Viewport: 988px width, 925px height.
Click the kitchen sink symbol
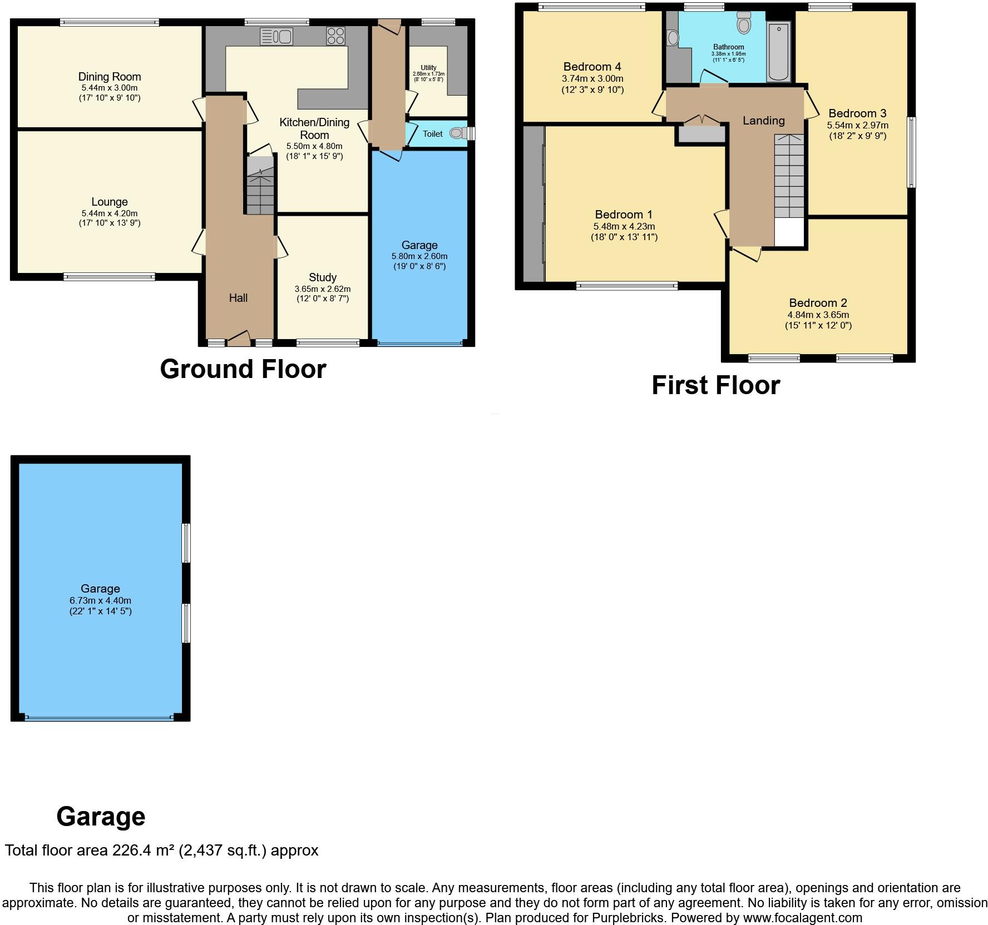tap(276, 37)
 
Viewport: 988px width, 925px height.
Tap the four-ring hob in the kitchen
tap(335, 36)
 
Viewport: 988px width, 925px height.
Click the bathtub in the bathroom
tap(778, 52)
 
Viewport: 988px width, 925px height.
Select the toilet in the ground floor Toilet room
tap(457, 133)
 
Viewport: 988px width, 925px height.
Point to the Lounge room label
tap(110, 202)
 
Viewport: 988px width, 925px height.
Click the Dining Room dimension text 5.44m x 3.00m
tap(110, 88)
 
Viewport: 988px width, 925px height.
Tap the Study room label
tap(323, 277)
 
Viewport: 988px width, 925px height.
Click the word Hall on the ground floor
tap(238, 298)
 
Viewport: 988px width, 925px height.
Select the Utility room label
tap(428, 68)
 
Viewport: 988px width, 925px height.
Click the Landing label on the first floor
tap(763, 121)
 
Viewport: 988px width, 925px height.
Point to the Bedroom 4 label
tap(592, 67)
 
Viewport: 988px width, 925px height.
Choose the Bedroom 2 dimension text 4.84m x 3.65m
tap(818, 315)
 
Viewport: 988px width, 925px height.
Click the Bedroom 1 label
tap(624, 215)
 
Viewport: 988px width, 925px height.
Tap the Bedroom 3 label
tap(857, 113)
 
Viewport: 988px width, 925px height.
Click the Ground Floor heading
tap(243, 369)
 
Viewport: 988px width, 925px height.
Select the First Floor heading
tap(715, 385)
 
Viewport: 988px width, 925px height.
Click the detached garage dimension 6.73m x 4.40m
tap(101, 600)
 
